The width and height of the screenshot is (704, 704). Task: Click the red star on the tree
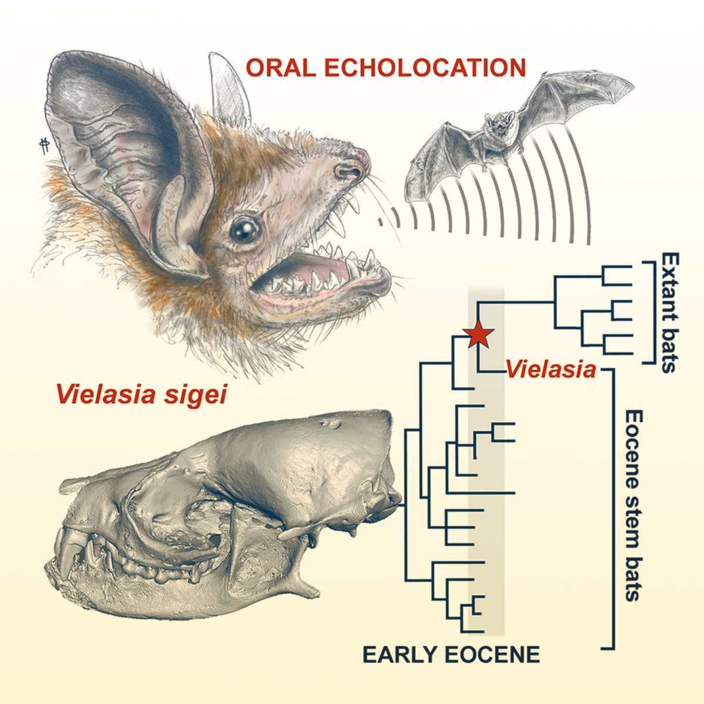pos(479,335)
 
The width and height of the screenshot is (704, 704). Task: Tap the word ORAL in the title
pos(280,68)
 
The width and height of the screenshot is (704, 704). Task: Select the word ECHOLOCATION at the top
pos(424,68)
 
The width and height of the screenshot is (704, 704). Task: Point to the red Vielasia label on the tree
pos(551,370)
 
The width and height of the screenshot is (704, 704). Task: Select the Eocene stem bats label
pos(632,505)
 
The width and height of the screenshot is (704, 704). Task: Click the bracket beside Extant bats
pos(649,313)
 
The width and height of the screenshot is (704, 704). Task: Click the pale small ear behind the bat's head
pos(229,88)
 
